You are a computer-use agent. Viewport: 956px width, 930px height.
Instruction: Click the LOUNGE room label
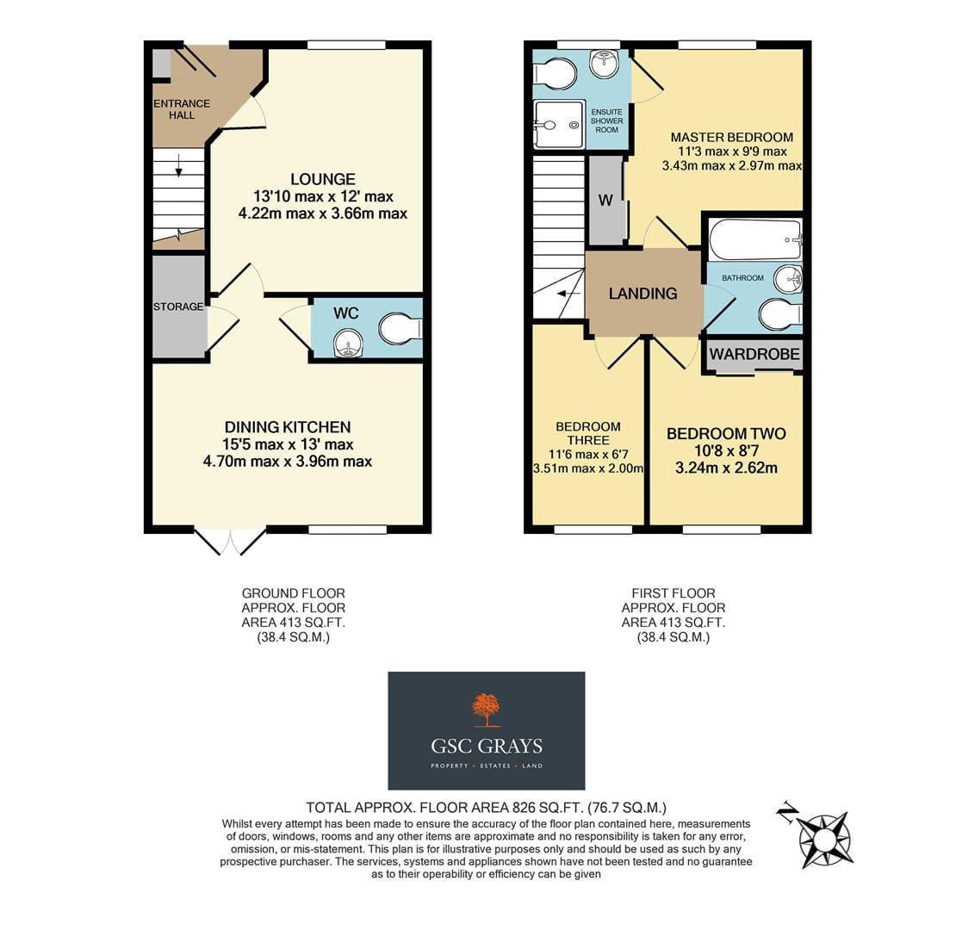322,179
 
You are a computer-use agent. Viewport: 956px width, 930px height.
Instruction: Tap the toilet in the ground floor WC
400,328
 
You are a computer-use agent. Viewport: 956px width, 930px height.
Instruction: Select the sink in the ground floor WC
348,343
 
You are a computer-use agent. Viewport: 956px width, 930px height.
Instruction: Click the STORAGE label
178,307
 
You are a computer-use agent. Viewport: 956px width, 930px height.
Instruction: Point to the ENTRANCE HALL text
182,109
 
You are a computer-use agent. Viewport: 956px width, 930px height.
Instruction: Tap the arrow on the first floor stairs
569,294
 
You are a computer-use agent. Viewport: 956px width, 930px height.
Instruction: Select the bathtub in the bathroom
755,240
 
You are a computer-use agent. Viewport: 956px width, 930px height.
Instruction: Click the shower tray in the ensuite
559,125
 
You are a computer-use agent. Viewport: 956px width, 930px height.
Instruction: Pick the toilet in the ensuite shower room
554,74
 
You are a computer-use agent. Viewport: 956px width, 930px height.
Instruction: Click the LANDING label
643,294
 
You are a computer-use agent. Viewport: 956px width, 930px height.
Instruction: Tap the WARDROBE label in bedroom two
754,354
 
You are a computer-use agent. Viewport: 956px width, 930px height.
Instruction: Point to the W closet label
605,201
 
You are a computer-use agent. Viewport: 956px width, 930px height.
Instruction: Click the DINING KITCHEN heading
288,427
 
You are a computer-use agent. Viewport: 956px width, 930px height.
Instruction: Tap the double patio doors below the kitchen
231,541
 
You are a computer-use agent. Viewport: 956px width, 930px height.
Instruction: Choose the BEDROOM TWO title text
726,434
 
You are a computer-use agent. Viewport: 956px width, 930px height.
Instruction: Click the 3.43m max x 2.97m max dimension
731,166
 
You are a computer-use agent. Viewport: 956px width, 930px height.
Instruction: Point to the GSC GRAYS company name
487,746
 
